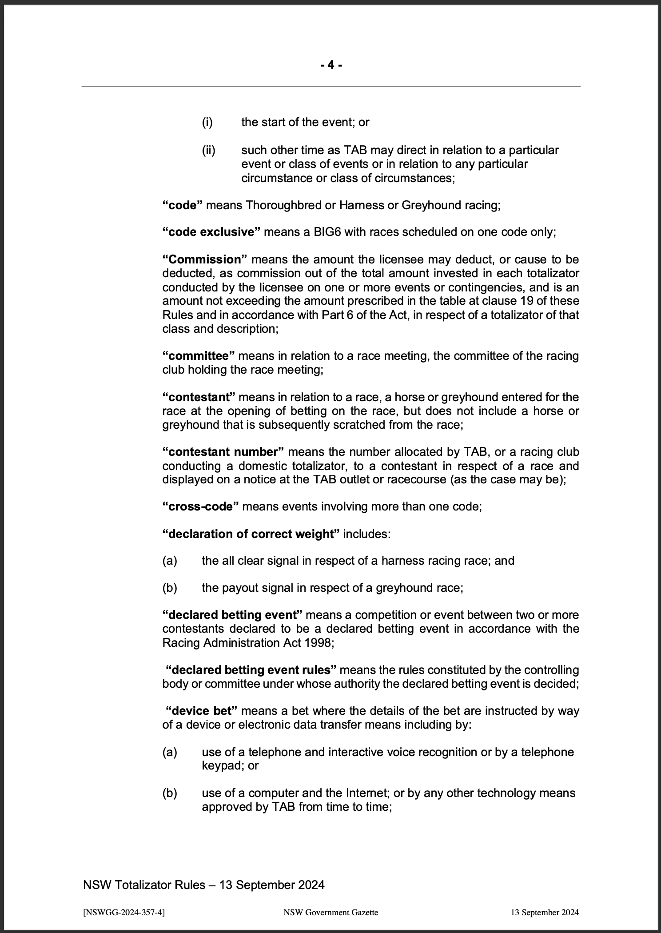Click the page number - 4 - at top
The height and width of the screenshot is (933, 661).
point(331,65)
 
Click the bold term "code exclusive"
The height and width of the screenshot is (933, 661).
point(211,232)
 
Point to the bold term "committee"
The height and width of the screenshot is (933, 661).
point(199,356)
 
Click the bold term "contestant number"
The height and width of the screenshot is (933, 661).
point(223,452)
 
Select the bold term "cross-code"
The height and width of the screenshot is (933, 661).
point(201,506)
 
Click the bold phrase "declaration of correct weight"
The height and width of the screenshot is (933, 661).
point(251,534)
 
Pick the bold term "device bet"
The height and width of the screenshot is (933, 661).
point(201,711)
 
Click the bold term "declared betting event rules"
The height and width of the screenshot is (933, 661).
point(251,670)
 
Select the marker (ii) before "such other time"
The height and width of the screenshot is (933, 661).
point(208,151)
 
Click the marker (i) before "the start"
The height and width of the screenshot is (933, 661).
point(207,122)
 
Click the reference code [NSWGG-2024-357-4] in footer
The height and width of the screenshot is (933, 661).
point(124,911)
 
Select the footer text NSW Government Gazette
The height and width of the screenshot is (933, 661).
point(330,911)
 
